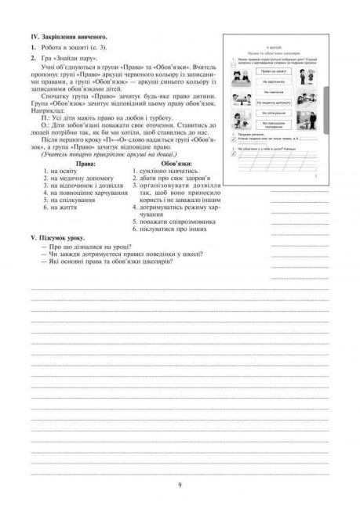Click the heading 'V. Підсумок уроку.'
58,236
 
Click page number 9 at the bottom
180,486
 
